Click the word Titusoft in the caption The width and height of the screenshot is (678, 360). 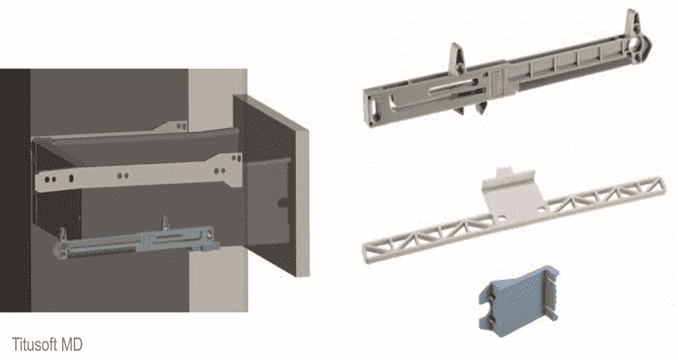coord(35,344)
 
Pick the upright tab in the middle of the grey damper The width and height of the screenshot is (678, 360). coord(457,57)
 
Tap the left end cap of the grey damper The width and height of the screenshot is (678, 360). coord(374,107)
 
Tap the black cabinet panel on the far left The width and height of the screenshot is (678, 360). coord(15,190)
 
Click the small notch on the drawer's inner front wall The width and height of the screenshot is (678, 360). coord(282,202)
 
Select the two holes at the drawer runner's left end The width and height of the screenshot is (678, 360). coord(50,179)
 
